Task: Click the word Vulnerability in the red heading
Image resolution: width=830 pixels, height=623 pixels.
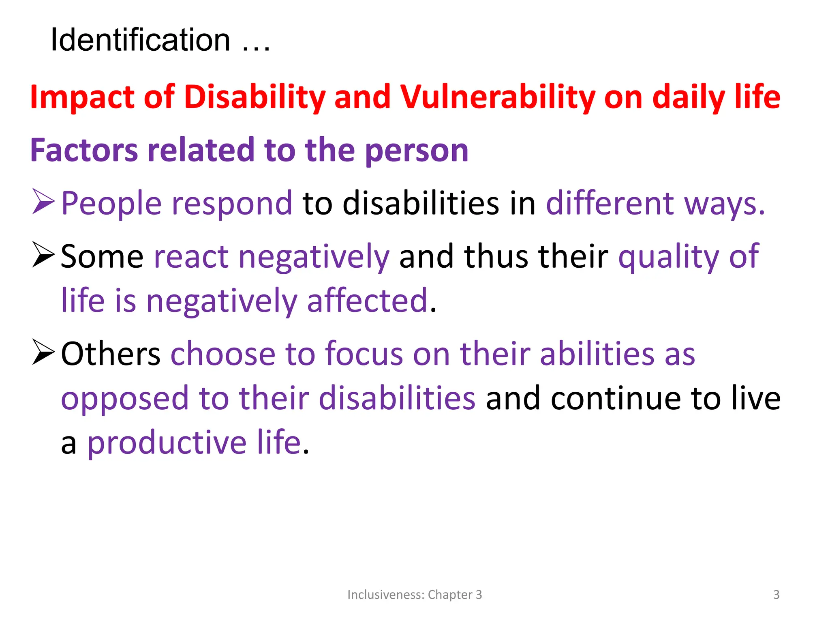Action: [x=498, y=97]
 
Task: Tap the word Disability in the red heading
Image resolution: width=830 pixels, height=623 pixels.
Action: [x=255, y=97]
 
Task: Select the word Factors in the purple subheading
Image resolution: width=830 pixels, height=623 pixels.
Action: [x=84, y=150]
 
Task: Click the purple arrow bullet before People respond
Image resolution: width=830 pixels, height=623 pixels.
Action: [x=43, y=202]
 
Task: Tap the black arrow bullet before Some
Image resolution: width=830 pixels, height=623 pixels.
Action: [x=43, y=255]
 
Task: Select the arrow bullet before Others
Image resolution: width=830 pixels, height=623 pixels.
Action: [x=43, y=352]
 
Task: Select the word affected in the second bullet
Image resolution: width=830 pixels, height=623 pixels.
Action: [x=367, y=301]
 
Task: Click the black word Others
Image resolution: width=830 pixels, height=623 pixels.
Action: [x=111, y=354]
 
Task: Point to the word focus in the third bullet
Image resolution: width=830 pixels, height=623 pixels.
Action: [x=364, y=354]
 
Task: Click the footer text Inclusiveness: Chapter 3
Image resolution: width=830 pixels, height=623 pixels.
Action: [x=415, y=595]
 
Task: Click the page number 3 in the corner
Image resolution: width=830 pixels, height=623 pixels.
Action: [x=776, y=595]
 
